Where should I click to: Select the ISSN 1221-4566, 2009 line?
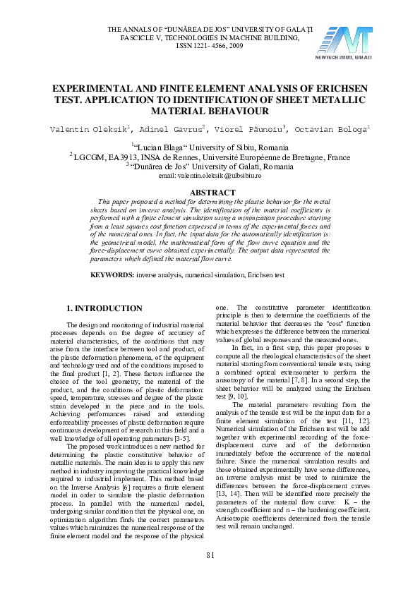(210, 45)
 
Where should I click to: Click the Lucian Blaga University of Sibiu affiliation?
(210, 147)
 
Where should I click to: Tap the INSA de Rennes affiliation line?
(210, 157)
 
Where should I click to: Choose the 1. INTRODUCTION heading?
(104, 308)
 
